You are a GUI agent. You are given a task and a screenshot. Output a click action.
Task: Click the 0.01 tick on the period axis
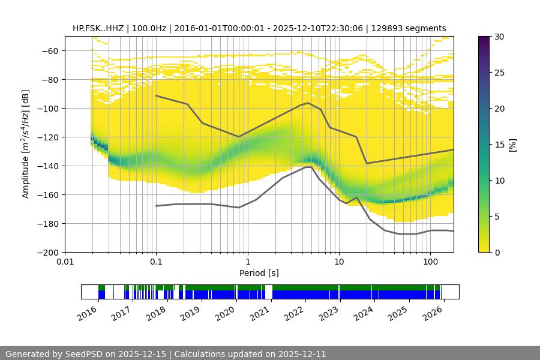[65, 262]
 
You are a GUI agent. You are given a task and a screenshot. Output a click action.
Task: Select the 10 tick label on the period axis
[339, 262]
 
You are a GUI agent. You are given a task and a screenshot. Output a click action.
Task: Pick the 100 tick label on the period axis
[430, 262]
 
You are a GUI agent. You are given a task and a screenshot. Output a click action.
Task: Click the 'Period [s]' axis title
[259, 273]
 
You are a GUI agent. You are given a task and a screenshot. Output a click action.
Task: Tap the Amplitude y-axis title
[25, 144]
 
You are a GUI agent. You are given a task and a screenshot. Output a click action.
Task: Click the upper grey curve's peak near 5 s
[308, 103]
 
